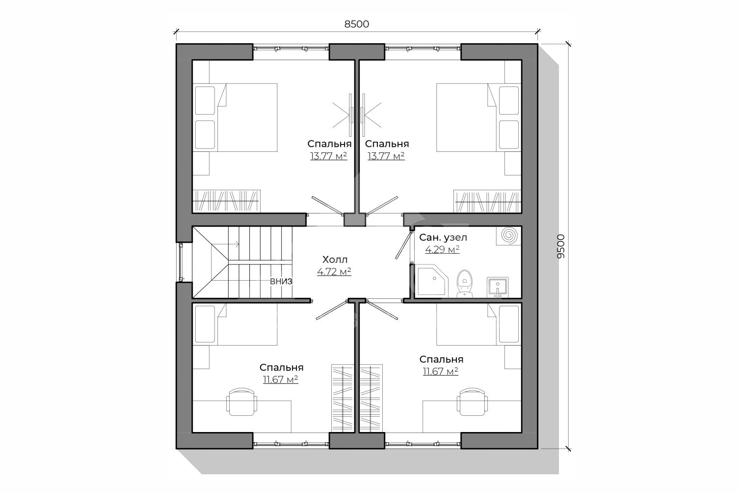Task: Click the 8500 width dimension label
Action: [x=356, y=24]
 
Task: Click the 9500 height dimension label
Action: [x=561, y=246]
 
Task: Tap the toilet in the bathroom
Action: [x=465, y=283]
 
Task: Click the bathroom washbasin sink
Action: [x=498, y=287]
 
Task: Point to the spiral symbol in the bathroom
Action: [x=509, y=235]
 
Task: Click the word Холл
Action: [x=335, y=260]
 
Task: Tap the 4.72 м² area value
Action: [x=334, y=272]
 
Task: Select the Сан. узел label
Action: [x=443, y=237]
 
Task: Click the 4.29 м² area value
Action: [x=442, y=249]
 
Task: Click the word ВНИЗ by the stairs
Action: [x=281, y=281]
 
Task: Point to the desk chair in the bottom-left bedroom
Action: [x=242, y=402]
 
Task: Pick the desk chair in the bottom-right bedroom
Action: [x=473, y=402]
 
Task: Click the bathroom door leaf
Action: [x=403, y=244]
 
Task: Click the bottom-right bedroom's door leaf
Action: [x=382, y=310]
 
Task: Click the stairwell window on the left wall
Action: [x=181, y=262]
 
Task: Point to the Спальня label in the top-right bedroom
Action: [x=387, y=144]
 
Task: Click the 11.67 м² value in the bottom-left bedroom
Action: [x=281, y=379]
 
